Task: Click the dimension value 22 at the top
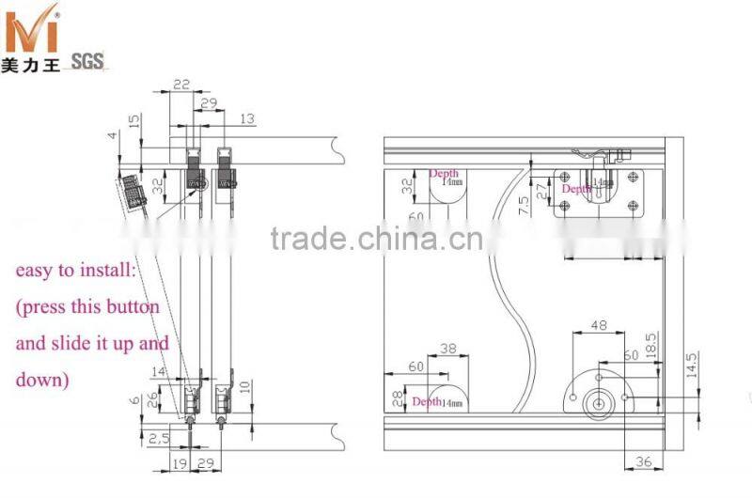(181, 84)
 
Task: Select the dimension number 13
(247, 118)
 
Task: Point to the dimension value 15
(134, 122)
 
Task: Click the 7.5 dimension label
(525, 206)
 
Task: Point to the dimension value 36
(644, 461)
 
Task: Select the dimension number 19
(179, 463)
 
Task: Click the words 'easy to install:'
(75, 271)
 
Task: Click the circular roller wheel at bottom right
(596, 404)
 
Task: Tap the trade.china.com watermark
(376, 239)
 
